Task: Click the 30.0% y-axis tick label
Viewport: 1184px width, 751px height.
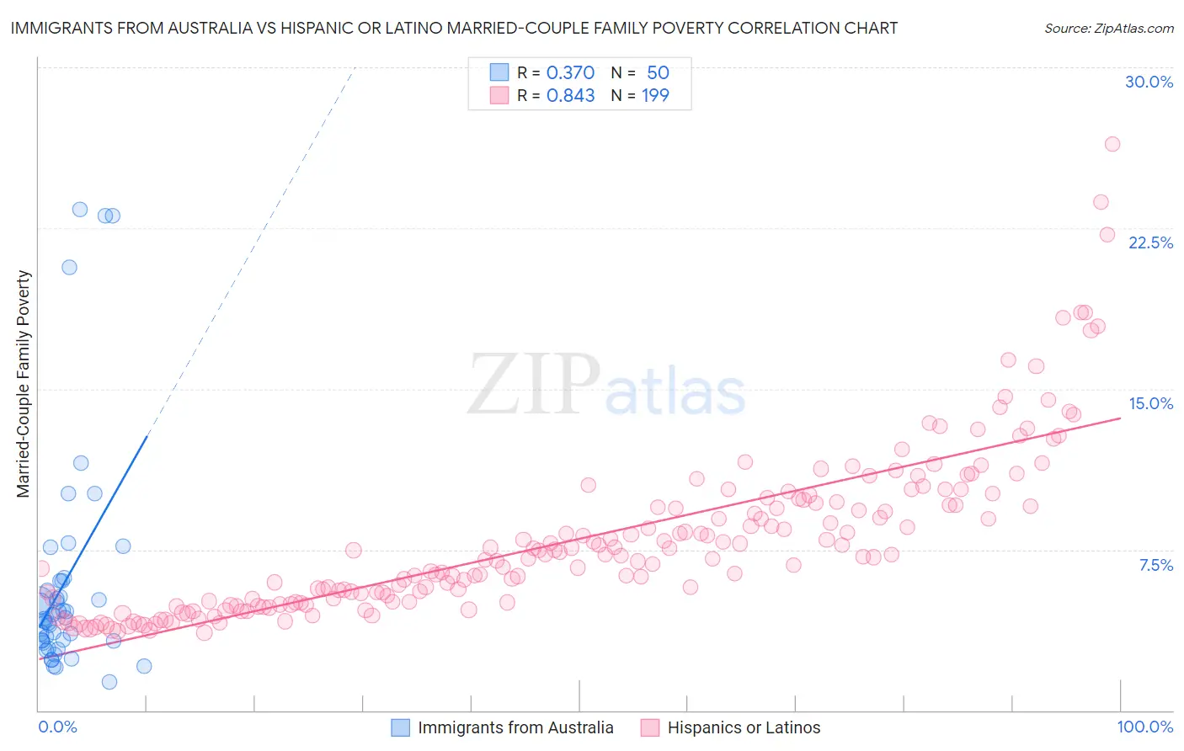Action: (1149, 82)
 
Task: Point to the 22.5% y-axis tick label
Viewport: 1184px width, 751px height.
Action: (1150, 242)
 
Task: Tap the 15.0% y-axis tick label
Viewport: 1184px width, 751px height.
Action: (1150, 403)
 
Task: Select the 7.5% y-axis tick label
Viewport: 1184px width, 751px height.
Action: (1155, 565)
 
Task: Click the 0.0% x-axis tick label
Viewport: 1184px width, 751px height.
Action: (57, 727)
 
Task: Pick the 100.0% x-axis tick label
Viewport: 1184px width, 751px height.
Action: (1144, 727)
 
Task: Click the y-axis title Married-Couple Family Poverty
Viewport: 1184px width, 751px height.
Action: (24, 384)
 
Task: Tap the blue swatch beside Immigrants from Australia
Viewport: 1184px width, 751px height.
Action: (401, 727)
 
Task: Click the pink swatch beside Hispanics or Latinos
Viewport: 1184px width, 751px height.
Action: (649, 727)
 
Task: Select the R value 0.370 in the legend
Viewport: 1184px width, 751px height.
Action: (570, 73)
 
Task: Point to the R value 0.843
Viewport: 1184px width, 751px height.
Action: (570, 96)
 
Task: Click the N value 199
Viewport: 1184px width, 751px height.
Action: (655, 96)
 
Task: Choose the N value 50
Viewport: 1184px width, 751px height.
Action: (658, 73)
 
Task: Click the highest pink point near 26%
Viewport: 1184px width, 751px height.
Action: (1112, 144)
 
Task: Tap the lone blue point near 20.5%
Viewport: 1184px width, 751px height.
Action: (69, 267)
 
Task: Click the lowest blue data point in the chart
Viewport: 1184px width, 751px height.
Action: (109, 682)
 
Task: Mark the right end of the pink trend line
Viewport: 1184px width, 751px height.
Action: (1120, 418)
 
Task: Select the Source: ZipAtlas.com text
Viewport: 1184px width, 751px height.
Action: (1108, 29)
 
